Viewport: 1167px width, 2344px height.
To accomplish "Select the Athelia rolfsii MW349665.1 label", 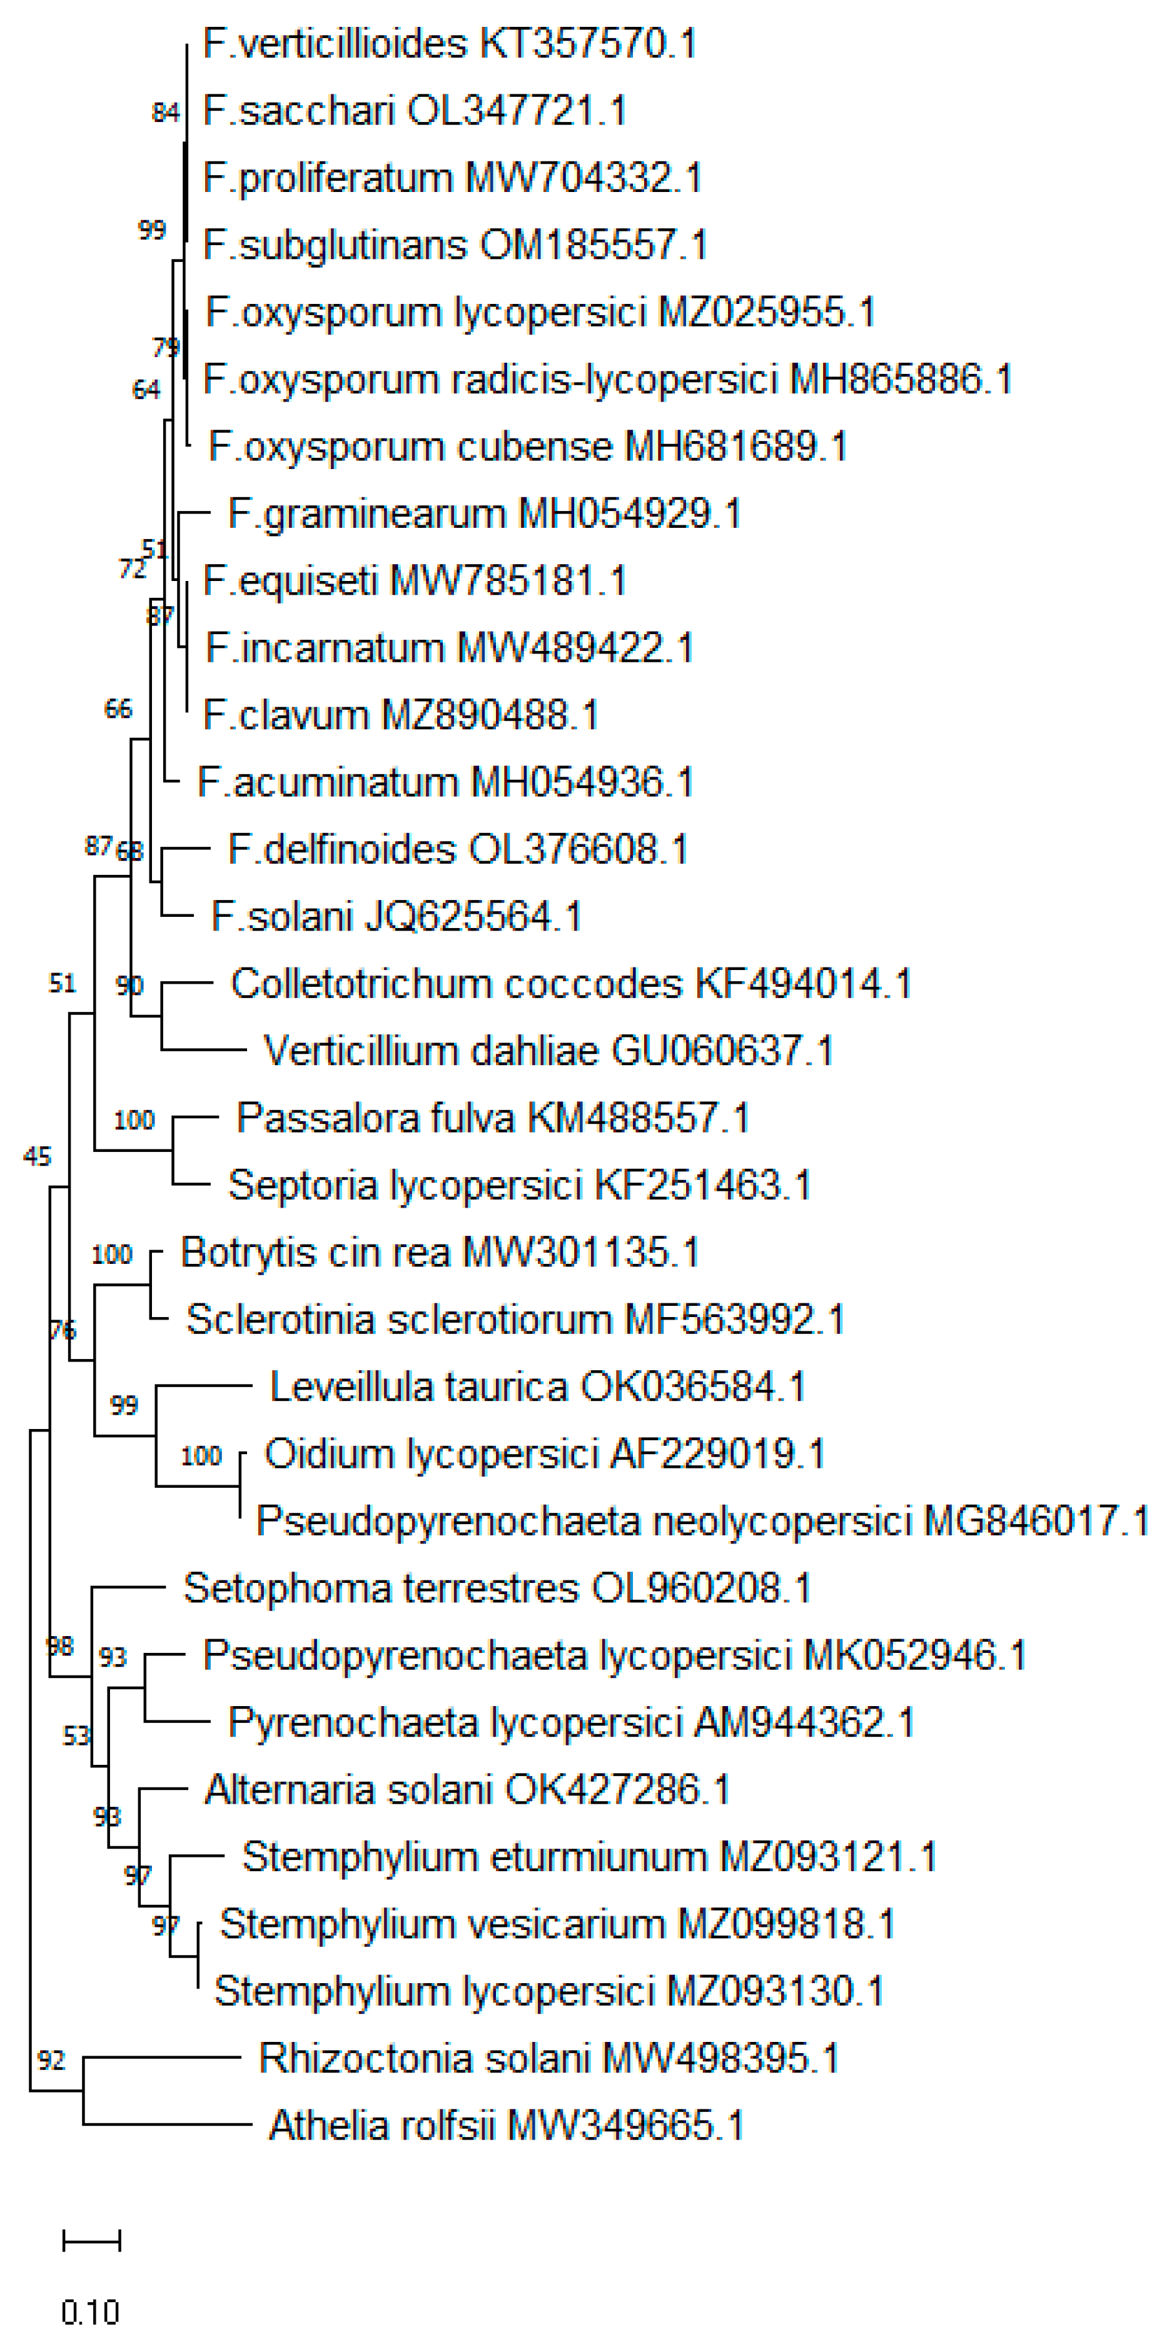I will tap(506, 2126).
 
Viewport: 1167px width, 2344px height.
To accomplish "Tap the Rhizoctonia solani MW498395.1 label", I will tap(548, 2058).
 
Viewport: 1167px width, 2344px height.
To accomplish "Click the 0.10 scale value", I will tap(90, 2312).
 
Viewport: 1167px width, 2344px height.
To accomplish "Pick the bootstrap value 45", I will tap(38, 1156).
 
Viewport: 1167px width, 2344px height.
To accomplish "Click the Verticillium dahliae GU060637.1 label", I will tap(548, 1051).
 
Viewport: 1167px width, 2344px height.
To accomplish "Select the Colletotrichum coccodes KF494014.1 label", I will tap(570, 984).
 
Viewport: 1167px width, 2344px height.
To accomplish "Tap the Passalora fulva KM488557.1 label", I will tap(493, 1118).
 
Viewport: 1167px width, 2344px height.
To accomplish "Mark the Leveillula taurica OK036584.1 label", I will tap(538, 1387).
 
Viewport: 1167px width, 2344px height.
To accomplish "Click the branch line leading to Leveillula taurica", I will tap(204, 1387).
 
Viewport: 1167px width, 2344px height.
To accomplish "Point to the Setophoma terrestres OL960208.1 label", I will tap(497, 1589).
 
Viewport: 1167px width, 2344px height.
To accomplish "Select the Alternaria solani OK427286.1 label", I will tap(468, 1790).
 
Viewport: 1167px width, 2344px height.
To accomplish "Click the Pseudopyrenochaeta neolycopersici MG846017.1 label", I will tap(702, 1522).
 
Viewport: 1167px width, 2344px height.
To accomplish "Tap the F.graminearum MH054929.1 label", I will tap(485, 514).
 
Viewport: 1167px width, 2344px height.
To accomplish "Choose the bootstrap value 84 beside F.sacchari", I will tap(166, 113).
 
